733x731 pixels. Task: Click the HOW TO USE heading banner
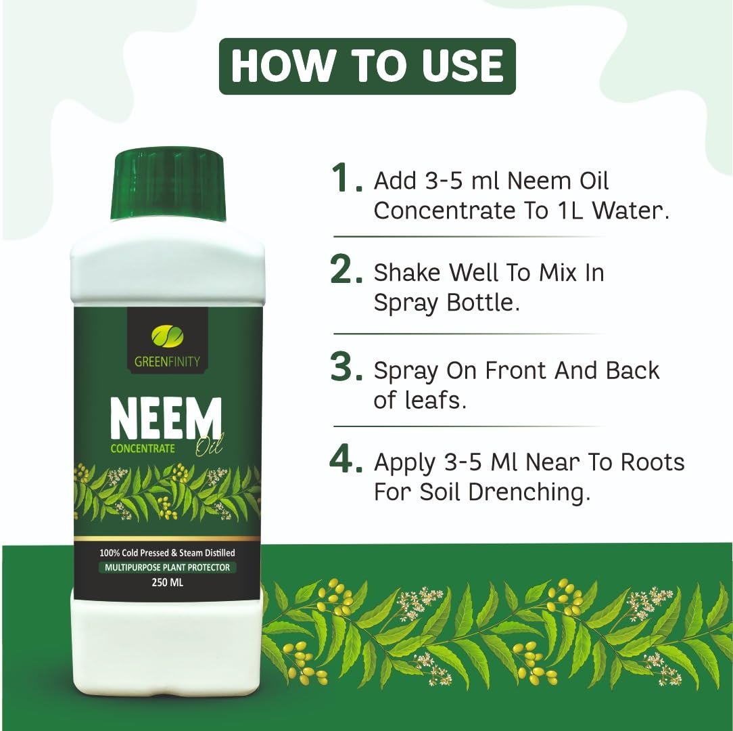tap(367, 66)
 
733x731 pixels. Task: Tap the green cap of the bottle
tap(168, 185)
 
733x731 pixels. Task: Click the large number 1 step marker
tap(346, 178)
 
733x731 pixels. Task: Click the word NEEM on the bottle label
tap(166, 418)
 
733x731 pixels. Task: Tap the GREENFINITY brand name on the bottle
tap(167, 361)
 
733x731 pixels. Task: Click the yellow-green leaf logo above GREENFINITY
tap(167, 336)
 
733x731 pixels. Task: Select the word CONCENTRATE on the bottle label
tap(143, 448)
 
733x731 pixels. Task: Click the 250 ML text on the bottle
tap(167, 583)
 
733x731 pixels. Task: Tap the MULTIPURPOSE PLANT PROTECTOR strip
tap(167, 567)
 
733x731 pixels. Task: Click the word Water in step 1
tap(631, 211)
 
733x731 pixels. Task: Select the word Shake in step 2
tap(406, 272)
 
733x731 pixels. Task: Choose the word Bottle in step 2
tap(483, 303)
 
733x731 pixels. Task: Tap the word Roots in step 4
tap(653, 462)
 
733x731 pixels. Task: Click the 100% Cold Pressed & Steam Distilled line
tap(167, 553)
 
